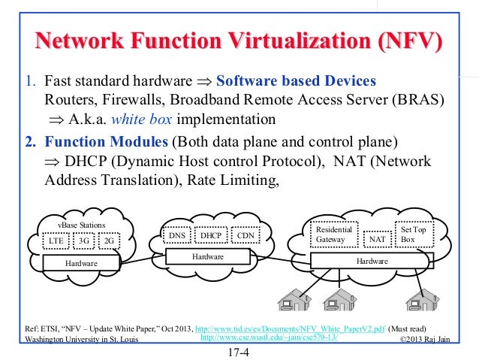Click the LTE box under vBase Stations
tap(56, 241)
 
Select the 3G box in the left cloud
tap(84, 241)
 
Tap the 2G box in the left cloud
tap(109, 241)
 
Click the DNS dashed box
tap(178, 235)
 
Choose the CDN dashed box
tap(245, 235)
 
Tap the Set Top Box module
tap(413, 234)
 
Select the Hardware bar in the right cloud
tap(372, 261)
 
